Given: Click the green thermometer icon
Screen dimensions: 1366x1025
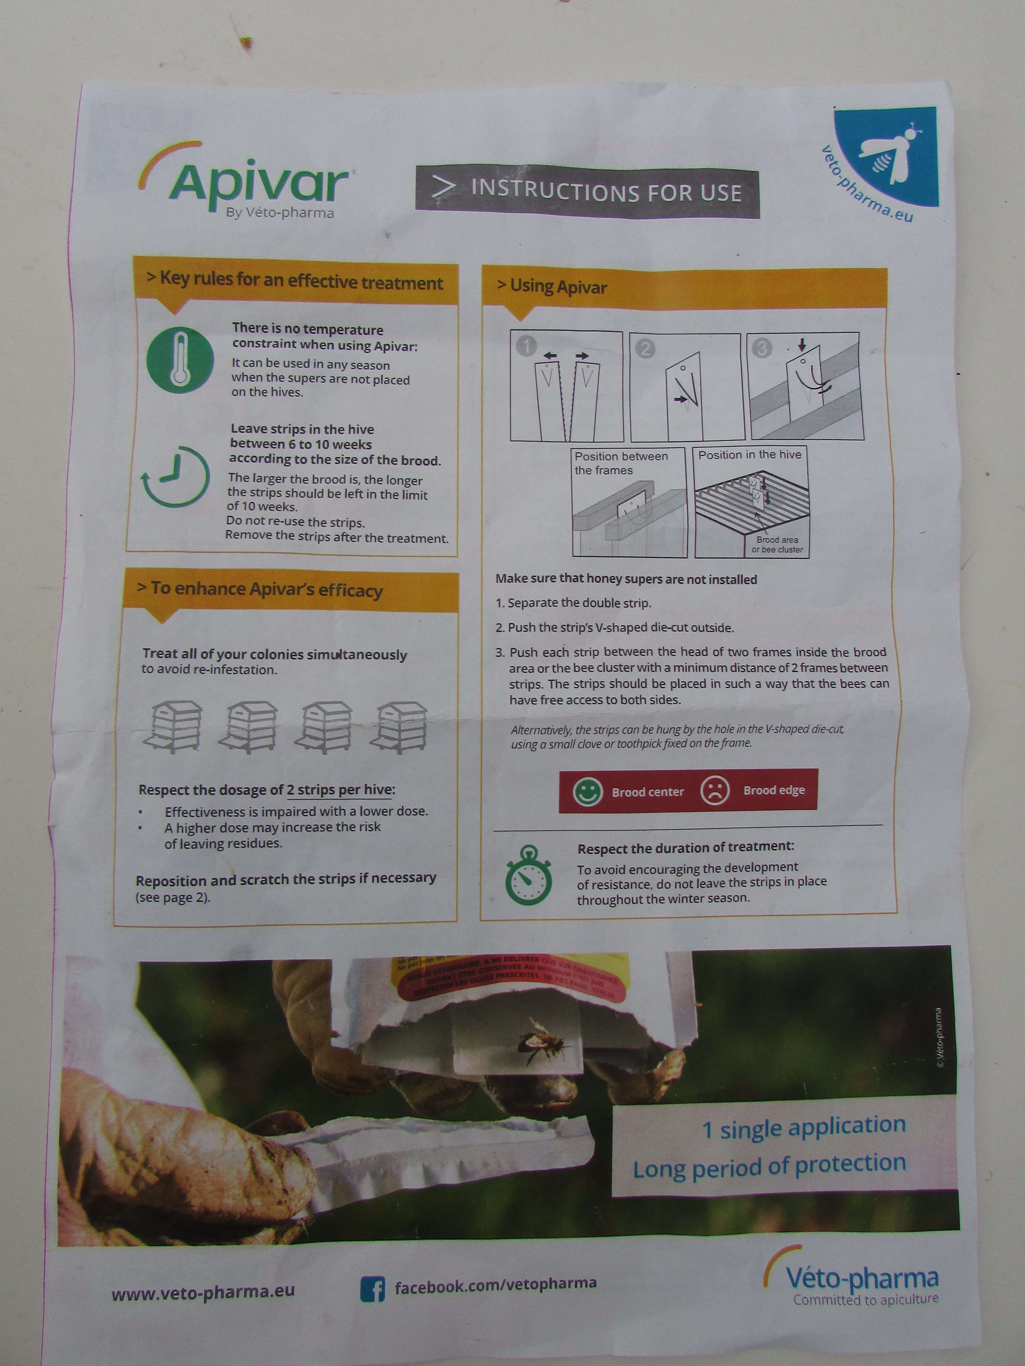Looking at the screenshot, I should (180, 360).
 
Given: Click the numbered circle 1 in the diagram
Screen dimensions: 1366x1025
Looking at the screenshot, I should (526, 347).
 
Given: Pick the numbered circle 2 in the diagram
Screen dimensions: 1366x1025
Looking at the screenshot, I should (644, 349).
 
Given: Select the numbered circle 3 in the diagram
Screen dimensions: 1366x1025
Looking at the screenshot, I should (761, 348).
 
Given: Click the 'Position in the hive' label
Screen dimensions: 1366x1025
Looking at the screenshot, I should (749, 454).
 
